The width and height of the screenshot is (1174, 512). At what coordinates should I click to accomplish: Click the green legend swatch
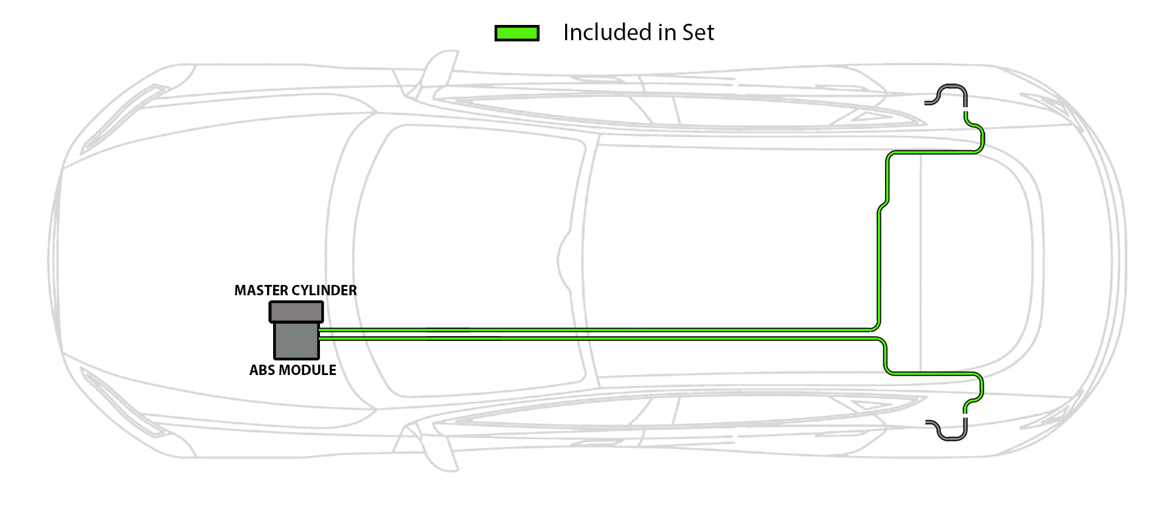click(x=516, y=33)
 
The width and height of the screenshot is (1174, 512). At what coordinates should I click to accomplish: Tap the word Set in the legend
click(x=698, y=32)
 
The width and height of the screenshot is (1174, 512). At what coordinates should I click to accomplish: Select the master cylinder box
click(x=296, y=312)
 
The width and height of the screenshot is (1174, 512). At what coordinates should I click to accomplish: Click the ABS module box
click(x=296, y=340)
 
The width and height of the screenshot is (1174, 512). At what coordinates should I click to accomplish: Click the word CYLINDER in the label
click(x=324, y=290)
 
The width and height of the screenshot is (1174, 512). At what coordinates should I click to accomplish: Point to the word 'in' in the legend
click(x=667, y=32)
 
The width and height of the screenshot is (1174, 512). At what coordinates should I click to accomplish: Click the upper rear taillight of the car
click(x=1046, y=103)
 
